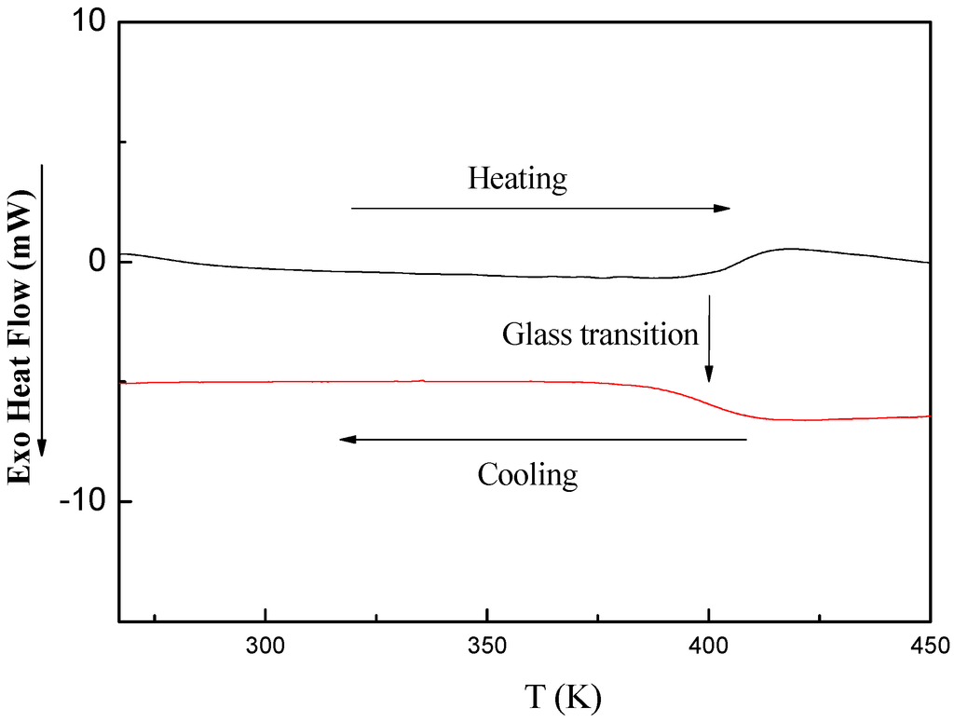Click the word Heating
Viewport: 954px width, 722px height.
coord(517,178)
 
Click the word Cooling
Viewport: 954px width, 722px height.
coord(527,475)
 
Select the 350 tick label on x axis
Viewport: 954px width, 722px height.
coord(487,644)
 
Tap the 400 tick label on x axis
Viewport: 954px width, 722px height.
coord(709,644)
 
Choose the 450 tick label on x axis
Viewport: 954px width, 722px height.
coord(929,644)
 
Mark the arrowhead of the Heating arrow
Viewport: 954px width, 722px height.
coord(722,209)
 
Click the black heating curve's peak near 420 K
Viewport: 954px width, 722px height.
coord(790,249)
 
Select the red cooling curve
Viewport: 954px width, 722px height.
coord(373,381)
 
